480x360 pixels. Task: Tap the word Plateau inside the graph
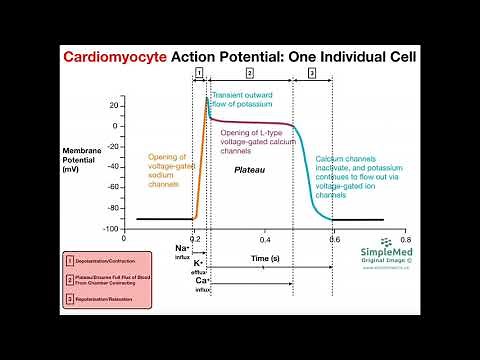pos(251,170)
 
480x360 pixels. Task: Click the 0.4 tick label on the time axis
pos(265,241)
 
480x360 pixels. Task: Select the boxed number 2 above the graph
pos(249,73)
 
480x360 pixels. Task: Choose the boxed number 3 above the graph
pos(312,73)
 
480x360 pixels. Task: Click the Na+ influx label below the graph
pos(183,250)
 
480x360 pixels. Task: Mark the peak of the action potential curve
pos(207,97)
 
